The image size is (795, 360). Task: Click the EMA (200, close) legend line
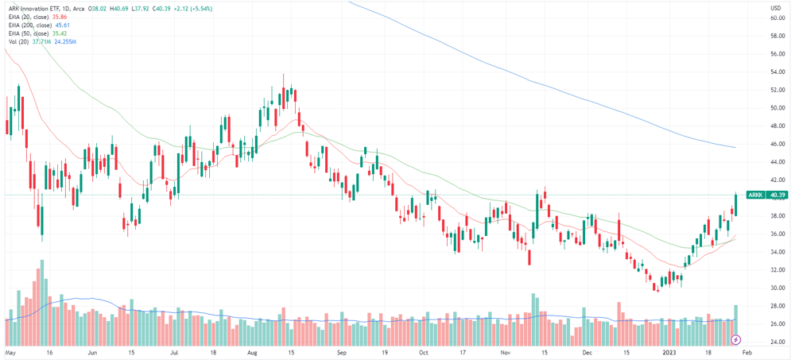coord(30,25)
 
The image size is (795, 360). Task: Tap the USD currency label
coord(775,8)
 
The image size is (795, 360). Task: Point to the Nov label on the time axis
coord(505,351)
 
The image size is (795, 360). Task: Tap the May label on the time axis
coord(10,351)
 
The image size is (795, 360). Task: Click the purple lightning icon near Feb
coord(735,339)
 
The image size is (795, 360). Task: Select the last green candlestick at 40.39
coord(735,205)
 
